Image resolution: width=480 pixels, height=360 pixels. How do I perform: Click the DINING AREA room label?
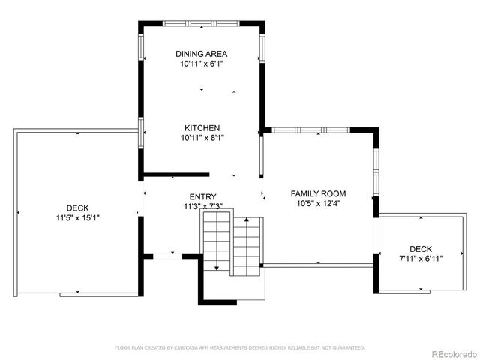point(201,54)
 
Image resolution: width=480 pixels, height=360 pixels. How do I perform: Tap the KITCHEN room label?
point(201,128)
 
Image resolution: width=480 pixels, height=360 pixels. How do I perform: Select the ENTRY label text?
point(202,197)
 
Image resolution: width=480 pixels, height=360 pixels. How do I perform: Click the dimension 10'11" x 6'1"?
point(201,64)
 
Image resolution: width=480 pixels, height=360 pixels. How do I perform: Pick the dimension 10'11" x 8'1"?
point(201,138)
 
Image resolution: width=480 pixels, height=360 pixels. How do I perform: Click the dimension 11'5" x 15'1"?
point(77,218)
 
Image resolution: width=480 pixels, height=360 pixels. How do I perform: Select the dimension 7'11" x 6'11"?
point(421,259)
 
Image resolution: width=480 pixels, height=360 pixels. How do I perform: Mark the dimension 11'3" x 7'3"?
point(202,206)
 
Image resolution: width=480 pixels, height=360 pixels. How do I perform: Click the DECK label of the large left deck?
point(77,208)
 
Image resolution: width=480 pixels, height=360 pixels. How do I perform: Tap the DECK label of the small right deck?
point(421,249)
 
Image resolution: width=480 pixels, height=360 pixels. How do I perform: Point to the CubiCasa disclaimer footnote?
point(239,347)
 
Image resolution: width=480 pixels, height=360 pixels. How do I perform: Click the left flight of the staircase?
point(217,240)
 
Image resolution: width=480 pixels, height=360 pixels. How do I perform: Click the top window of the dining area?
point(201,23)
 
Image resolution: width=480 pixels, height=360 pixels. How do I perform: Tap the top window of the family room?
point(310,130)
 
